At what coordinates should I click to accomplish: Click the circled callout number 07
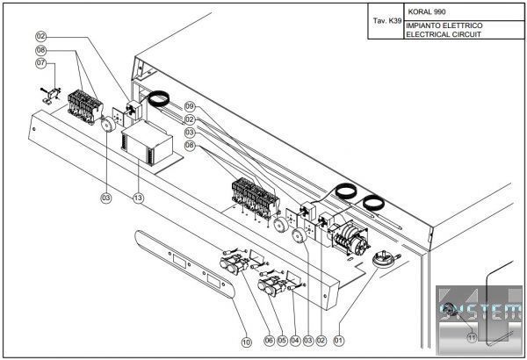coord(41,63)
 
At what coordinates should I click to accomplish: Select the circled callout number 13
coord(138,198)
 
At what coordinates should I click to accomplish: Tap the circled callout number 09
coord(190,106)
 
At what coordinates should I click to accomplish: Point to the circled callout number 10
coord(246,342)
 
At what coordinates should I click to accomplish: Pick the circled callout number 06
coord(269,341)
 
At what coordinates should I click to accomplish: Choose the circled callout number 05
coord(282,341)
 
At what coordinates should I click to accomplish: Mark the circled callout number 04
coord(295,341)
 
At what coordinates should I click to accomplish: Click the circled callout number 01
coord(339,341)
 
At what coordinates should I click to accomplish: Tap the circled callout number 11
coord(472,337)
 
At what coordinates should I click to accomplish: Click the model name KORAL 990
coord(427,12)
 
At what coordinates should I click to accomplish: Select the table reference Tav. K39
coord(387,21)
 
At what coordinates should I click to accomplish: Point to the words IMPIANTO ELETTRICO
coord(444,25)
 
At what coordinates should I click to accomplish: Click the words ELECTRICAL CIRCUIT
coord(444,34)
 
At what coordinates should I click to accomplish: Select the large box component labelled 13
coord(147,142)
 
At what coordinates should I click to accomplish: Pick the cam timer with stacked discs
coord(349,239)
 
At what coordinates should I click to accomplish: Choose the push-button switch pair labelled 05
coord(272,286)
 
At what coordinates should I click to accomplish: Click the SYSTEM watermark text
coord(480,312)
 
